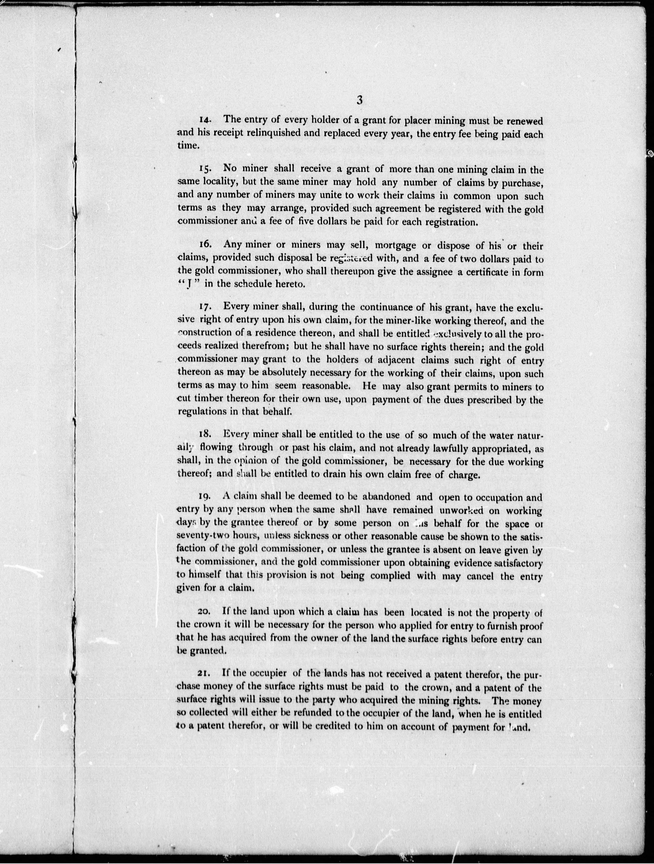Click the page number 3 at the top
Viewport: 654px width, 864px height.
coord(359,100)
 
